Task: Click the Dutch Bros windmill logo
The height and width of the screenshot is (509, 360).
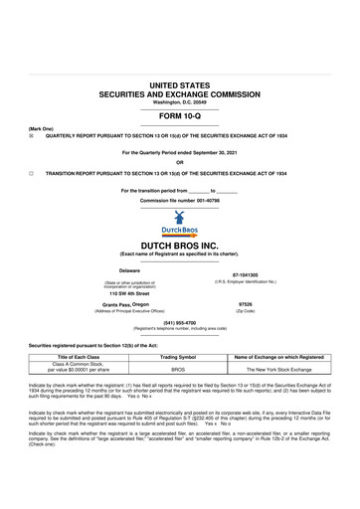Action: pyautogui.click(x=179, y=221)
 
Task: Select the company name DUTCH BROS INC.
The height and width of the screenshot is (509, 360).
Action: pyautogui.click(x=179, y=244)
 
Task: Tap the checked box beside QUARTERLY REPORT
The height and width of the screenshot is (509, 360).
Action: pyautogui.click(x=32, y=135)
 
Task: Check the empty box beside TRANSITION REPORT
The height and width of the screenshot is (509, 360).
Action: pyautogui.click(x=32, y=172)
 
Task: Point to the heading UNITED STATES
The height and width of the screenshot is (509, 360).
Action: pyautogui.click(x=179, y=88)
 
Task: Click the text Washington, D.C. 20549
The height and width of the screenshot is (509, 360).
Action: pyautogui.click(x=179, y=104)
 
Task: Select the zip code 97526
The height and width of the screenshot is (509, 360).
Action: pyautogui.click(x=245, y=304)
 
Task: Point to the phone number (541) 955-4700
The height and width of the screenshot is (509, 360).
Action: pyautogui.click(x=179, y=322)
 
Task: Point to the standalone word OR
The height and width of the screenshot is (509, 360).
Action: pyautogui.click(x=179, y=163)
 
